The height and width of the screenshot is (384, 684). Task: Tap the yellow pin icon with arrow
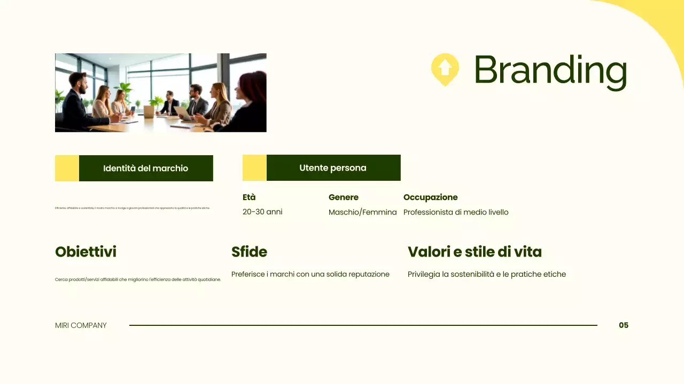coord(445,69)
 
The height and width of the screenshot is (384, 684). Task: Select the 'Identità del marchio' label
coord(145,169)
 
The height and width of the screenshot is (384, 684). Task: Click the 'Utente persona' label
coord(333,168)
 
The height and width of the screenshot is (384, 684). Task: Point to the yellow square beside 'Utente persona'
coord(254,168)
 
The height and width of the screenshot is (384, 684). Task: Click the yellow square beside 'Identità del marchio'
coord(67,169)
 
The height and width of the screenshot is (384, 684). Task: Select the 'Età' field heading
coord(249,197)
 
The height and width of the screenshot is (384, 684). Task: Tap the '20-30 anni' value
coord(262,212)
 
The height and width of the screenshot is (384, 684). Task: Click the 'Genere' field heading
coord(343,197)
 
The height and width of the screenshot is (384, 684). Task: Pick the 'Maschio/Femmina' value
coord(362,212)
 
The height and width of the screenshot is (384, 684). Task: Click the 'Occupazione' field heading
coord(430,197)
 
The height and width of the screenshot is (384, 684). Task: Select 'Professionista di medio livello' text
coord(456,212)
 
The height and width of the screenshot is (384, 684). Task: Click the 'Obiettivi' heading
coord(85,252)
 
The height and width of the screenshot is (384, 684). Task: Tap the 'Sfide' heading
coord(249,252)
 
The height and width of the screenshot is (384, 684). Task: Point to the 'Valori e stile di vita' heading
coord(475,252)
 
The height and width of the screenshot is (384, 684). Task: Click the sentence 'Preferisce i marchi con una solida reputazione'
coord(310,274)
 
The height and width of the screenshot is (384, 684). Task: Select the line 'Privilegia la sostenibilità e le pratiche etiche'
coord(486,274)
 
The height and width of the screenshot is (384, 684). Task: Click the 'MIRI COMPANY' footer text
coord(81,325)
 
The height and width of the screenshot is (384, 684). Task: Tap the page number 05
coord(624,325)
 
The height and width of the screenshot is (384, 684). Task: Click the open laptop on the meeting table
coord(182,113)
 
